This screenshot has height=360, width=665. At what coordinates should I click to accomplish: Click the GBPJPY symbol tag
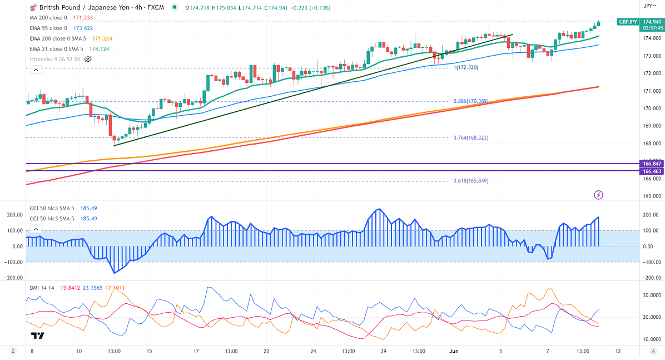tap(628, 22)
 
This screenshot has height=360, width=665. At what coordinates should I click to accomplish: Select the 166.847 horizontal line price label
tap(651, 164)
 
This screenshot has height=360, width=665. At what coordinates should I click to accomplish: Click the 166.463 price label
tap(651, 171)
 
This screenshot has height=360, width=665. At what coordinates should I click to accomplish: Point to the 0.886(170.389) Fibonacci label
tap(471, 101)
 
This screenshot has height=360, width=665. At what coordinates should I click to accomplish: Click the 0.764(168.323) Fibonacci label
tap(471, 137)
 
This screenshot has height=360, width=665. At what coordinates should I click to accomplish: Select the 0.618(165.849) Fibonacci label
tap(471, 181)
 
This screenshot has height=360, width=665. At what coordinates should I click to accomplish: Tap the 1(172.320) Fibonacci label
tap(466, 67)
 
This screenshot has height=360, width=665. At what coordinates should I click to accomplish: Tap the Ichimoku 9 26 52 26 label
tap(55, 59)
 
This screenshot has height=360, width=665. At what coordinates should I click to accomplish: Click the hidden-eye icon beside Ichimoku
tap(88, 59)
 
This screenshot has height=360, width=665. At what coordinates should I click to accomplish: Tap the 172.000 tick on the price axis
tap(652, 73)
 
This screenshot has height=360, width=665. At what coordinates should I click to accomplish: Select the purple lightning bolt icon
tap(599, 195)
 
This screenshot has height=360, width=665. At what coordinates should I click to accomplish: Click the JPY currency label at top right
tap(648, 6)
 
